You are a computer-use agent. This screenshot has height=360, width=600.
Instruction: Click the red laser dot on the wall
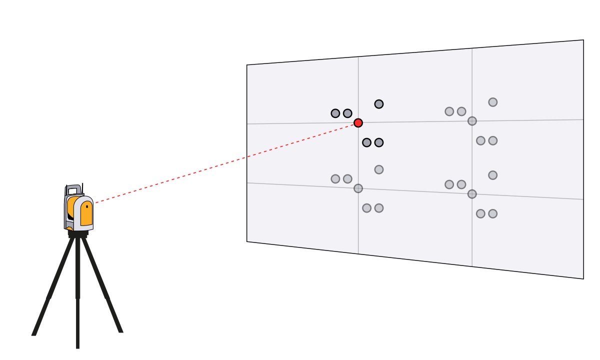(358, 122)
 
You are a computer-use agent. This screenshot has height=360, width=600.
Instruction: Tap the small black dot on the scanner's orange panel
(86, 206)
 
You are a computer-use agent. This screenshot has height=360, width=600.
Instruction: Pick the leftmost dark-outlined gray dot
(335, 113)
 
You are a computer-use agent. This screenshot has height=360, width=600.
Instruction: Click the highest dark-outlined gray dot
(379, 104)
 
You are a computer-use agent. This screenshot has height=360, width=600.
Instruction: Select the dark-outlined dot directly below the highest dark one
(379, 142)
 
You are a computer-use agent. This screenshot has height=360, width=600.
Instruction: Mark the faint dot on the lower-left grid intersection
(358, 188)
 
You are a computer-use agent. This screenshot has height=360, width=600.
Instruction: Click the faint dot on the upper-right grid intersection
(472, 121)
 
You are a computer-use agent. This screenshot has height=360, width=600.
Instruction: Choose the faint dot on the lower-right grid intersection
(472, 194)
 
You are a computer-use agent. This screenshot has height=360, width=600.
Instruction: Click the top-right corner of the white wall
(582, 41)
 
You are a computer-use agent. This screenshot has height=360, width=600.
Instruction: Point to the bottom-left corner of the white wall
(248, 240)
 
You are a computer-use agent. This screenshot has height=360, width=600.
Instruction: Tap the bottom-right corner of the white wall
(582, 277)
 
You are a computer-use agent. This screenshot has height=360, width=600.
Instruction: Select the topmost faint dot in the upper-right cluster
(492, 102)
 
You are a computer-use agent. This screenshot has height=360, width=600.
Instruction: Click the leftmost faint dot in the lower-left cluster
(335, 179)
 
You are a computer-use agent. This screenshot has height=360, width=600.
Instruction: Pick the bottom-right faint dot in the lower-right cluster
(492, 213)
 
